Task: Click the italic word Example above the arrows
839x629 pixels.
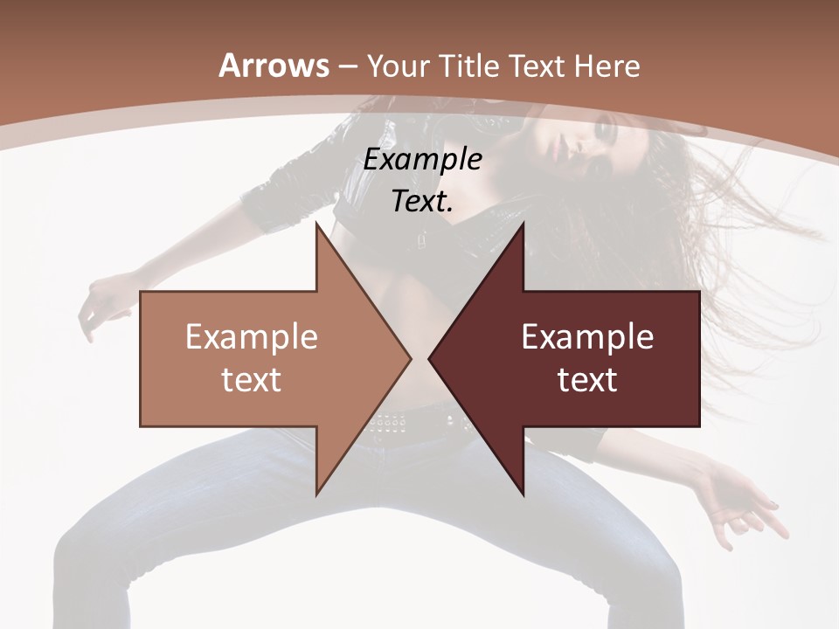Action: tap(423, 160)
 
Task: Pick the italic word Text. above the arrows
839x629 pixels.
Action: tap(423, 202)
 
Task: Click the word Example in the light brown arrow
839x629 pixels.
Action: tap(252, 337)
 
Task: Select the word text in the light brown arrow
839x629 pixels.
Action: tap(252, 380)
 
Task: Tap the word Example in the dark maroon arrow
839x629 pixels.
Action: tap(587, 337)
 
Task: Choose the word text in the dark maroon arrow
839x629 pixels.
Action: tap(587, 380)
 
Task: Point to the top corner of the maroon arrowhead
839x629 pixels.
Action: tap(523, 224)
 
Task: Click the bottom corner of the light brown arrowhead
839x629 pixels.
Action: tap(317, 494)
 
